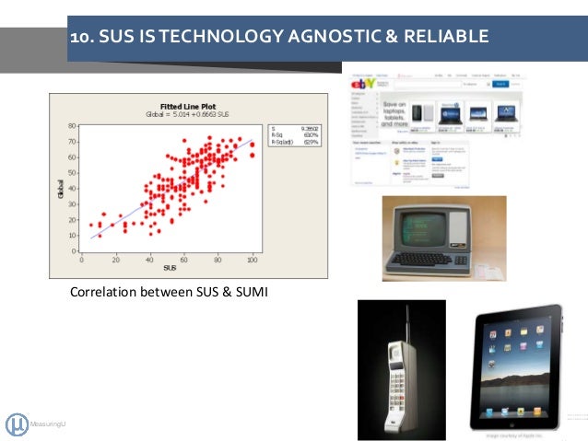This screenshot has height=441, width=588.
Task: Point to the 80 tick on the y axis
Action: click(72, 125)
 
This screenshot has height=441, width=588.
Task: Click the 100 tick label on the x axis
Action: click(252, 259)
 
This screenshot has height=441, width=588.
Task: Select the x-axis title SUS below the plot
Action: click(169, 268)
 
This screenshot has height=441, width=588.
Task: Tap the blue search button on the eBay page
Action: click(501, 84)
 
